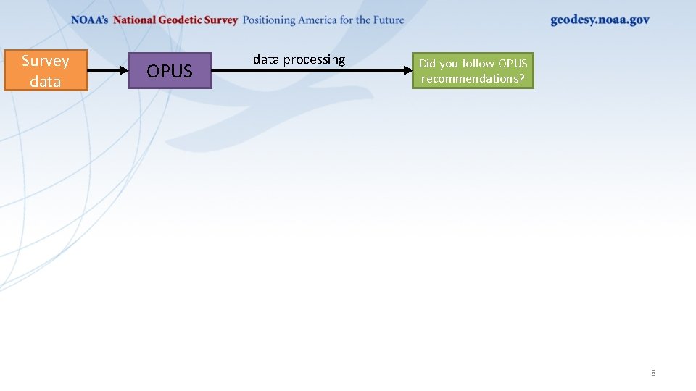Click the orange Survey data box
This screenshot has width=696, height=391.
coord(46,70)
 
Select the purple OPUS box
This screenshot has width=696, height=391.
coord(170,71)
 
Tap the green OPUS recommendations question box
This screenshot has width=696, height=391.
coord(473,70)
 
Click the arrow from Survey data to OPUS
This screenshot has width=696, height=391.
coord(107,71)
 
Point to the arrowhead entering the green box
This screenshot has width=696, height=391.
coord(407,71)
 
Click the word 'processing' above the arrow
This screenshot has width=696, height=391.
coord(315,60)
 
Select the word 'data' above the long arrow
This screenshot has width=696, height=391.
coord(266,59)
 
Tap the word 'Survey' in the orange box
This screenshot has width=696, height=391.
coord(45,61)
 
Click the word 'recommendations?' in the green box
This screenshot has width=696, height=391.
coord(473,78)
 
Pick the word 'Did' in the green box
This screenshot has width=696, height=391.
coord(427,63)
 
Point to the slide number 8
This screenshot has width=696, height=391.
coord(653,373)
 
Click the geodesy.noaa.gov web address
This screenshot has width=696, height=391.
coord(600,20)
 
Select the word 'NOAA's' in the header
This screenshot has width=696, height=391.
coord(90,20)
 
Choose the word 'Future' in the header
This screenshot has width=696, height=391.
coord(388,20)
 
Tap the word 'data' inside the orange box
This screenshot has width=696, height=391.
coord(45,81)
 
